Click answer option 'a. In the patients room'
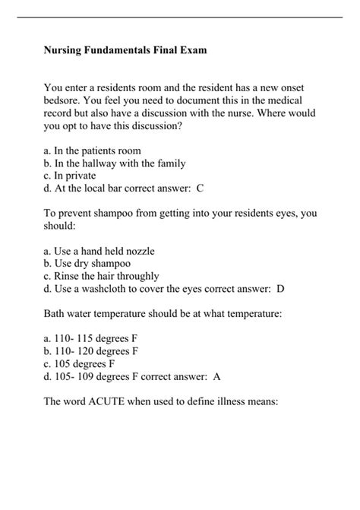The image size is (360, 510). (92, 150)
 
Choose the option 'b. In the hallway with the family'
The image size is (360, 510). (115, 163)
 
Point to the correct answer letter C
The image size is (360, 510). (200, 188)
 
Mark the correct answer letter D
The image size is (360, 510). (280, 288)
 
